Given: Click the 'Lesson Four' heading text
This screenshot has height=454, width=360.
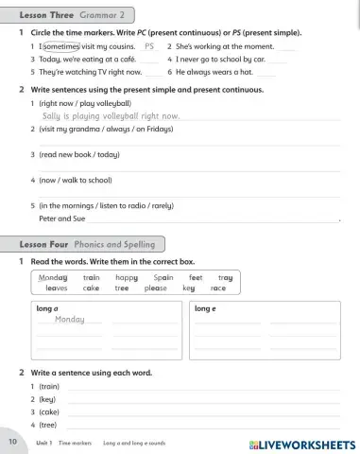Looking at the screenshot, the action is tap(44, 244).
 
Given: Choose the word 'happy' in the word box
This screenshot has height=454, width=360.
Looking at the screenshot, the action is tap(127, 278).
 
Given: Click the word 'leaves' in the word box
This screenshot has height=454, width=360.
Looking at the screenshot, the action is tap(57, 288).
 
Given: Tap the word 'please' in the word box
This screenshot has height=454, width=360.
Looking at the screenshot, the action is tap(156, 288).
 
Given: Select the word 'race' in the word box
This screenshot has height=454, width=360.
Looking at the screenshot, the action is tap(218, 288).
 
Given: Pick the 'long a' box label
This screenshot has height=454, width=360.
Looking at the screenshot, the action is tap(47, 308).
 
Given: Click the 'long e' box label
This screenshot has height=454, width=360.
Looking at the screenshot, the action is tap(206, 308).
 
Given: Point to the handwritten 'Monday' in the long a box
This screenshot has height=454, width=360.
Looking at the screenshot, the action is tap(69, 320).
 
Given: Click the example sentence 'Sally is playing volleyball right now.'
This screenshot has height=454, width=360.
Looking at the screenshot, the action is tap(111, 115).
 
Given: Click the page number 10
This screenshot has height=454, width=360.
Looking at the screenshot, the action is tap(12, 442).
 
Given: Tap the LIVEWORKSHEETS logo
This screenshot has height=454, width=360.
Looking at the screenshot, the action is tap(302, 444).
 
